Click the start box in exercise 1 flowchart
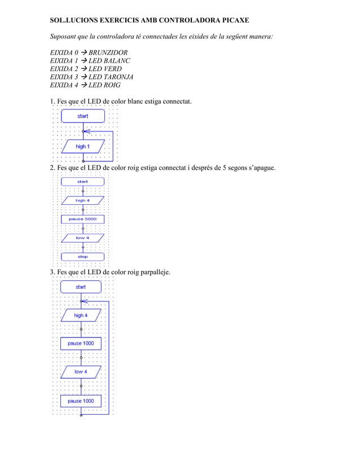click(x=83, y=116)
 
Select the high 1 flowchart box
click(x=83, y=147)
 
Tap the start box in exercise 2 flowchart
click(x=83, y=182)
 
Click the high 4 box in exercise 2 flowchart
click(x=83, y=200)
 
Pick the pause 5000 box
click(x=83, y=219)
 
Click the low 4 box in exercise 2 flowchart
click(x=83, y=238)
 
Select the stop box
click(x=83, y=257)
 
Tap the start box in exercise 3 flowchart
click(x=81, y=287)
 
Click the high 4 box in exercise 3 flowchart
click(x=81, y=315)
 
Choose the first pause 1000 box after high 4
click(x=81, y=344)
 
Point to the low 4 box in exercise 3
click(x=81, y=372)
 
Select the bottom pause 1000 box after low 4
click(x=81, y=401)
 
